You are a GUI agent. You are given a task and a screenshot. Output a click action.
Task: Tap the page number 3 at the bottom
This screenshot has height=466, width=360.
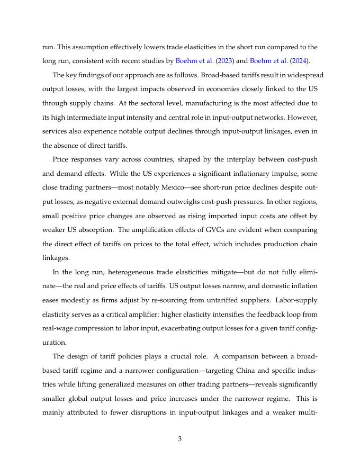[180, 438]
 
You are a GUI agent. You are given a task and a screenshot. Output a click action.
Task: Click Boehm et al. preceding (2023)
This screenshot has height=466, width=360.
[193, 60]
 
